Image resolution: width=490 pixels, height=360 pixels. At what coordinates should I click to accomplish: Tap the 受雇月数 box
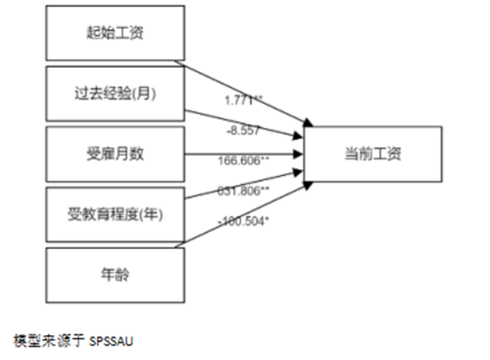pos(116,155)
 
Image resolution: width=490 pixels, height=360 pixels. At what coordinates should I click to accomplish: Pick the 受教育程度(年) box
pos(116,214)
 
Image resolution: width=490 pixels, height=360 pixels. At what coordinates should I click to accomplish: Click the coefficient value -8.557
pos(243,130)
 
